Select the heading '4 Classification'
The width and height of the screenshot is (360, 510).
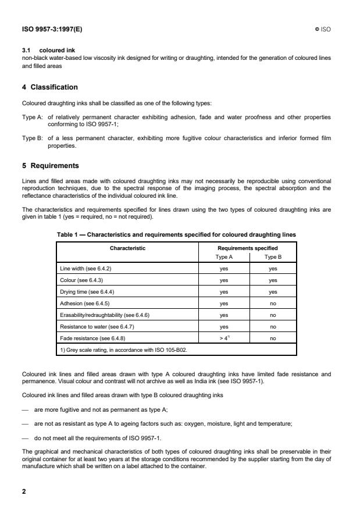pyautogui.click(x=49, y=87)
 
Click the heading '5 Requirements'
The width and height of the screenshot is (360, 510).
pyautogui.click(x=50, y=165)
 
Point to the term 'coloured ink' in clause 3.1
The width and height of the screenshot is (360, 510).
pyautogui.click(x=57, y=50)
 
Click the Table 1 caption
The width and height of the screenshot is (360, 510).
pyautogui.click(x=176, y=234)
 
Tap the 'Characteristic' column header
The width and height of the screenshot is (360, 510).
pyautogui.click(x=127, y=248)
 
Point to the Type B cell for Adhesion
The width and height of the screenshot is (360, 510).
pyautogui.click(x=273, y=304)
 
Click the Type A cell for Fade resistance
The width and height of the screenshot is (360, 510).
pyautogui.click(x=223, y=337)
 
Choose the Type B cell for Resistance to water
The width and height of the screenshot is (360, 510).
pyautogui.click(x=273, y=326)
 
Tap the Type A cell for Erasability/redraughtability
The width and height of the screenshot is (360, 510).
pyautogui.click(x=223, y=315)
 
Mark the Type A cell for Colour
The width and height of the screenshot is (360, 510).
pyautogui.click(x=223, y=280)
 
